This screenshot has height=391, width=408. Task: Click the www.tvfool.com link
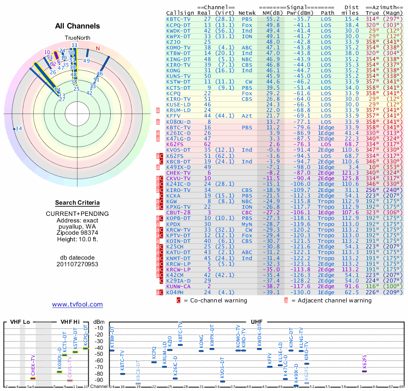pyautogui.click(x=77, y=304)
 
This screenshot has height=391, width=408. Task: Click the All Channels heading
pyautogui.click(x=77, y=26)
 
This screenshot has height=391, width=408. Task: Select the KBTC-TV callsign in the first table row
pyautogui.click(x=179, y=19)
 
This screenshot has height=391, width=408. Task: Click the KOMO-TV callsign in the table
pyautogui.click(x=179, y=47)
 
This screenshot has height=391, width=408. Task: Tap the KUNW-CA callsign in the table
pyautogui.click(x=179, y=287)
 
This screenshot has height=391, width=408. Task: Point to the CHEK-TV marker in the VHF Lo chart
pyautogui.click(x=33, y=378)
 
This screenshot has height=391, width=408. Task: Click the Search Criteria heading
pyautogui.click(x=77, y=203)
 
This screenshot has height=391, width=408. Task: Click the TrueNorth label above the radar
pyautogui.click(x=77, y=39)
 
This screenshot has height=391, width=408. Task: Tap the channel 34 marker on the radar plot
pyautogui.click(x=18, y=128)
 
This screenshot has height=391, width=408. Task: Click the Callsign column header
pyautogui.click(x=181, y=12)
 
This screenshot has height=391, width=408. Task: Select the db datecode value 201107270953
pyautogui.click(x=77, y=264)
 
